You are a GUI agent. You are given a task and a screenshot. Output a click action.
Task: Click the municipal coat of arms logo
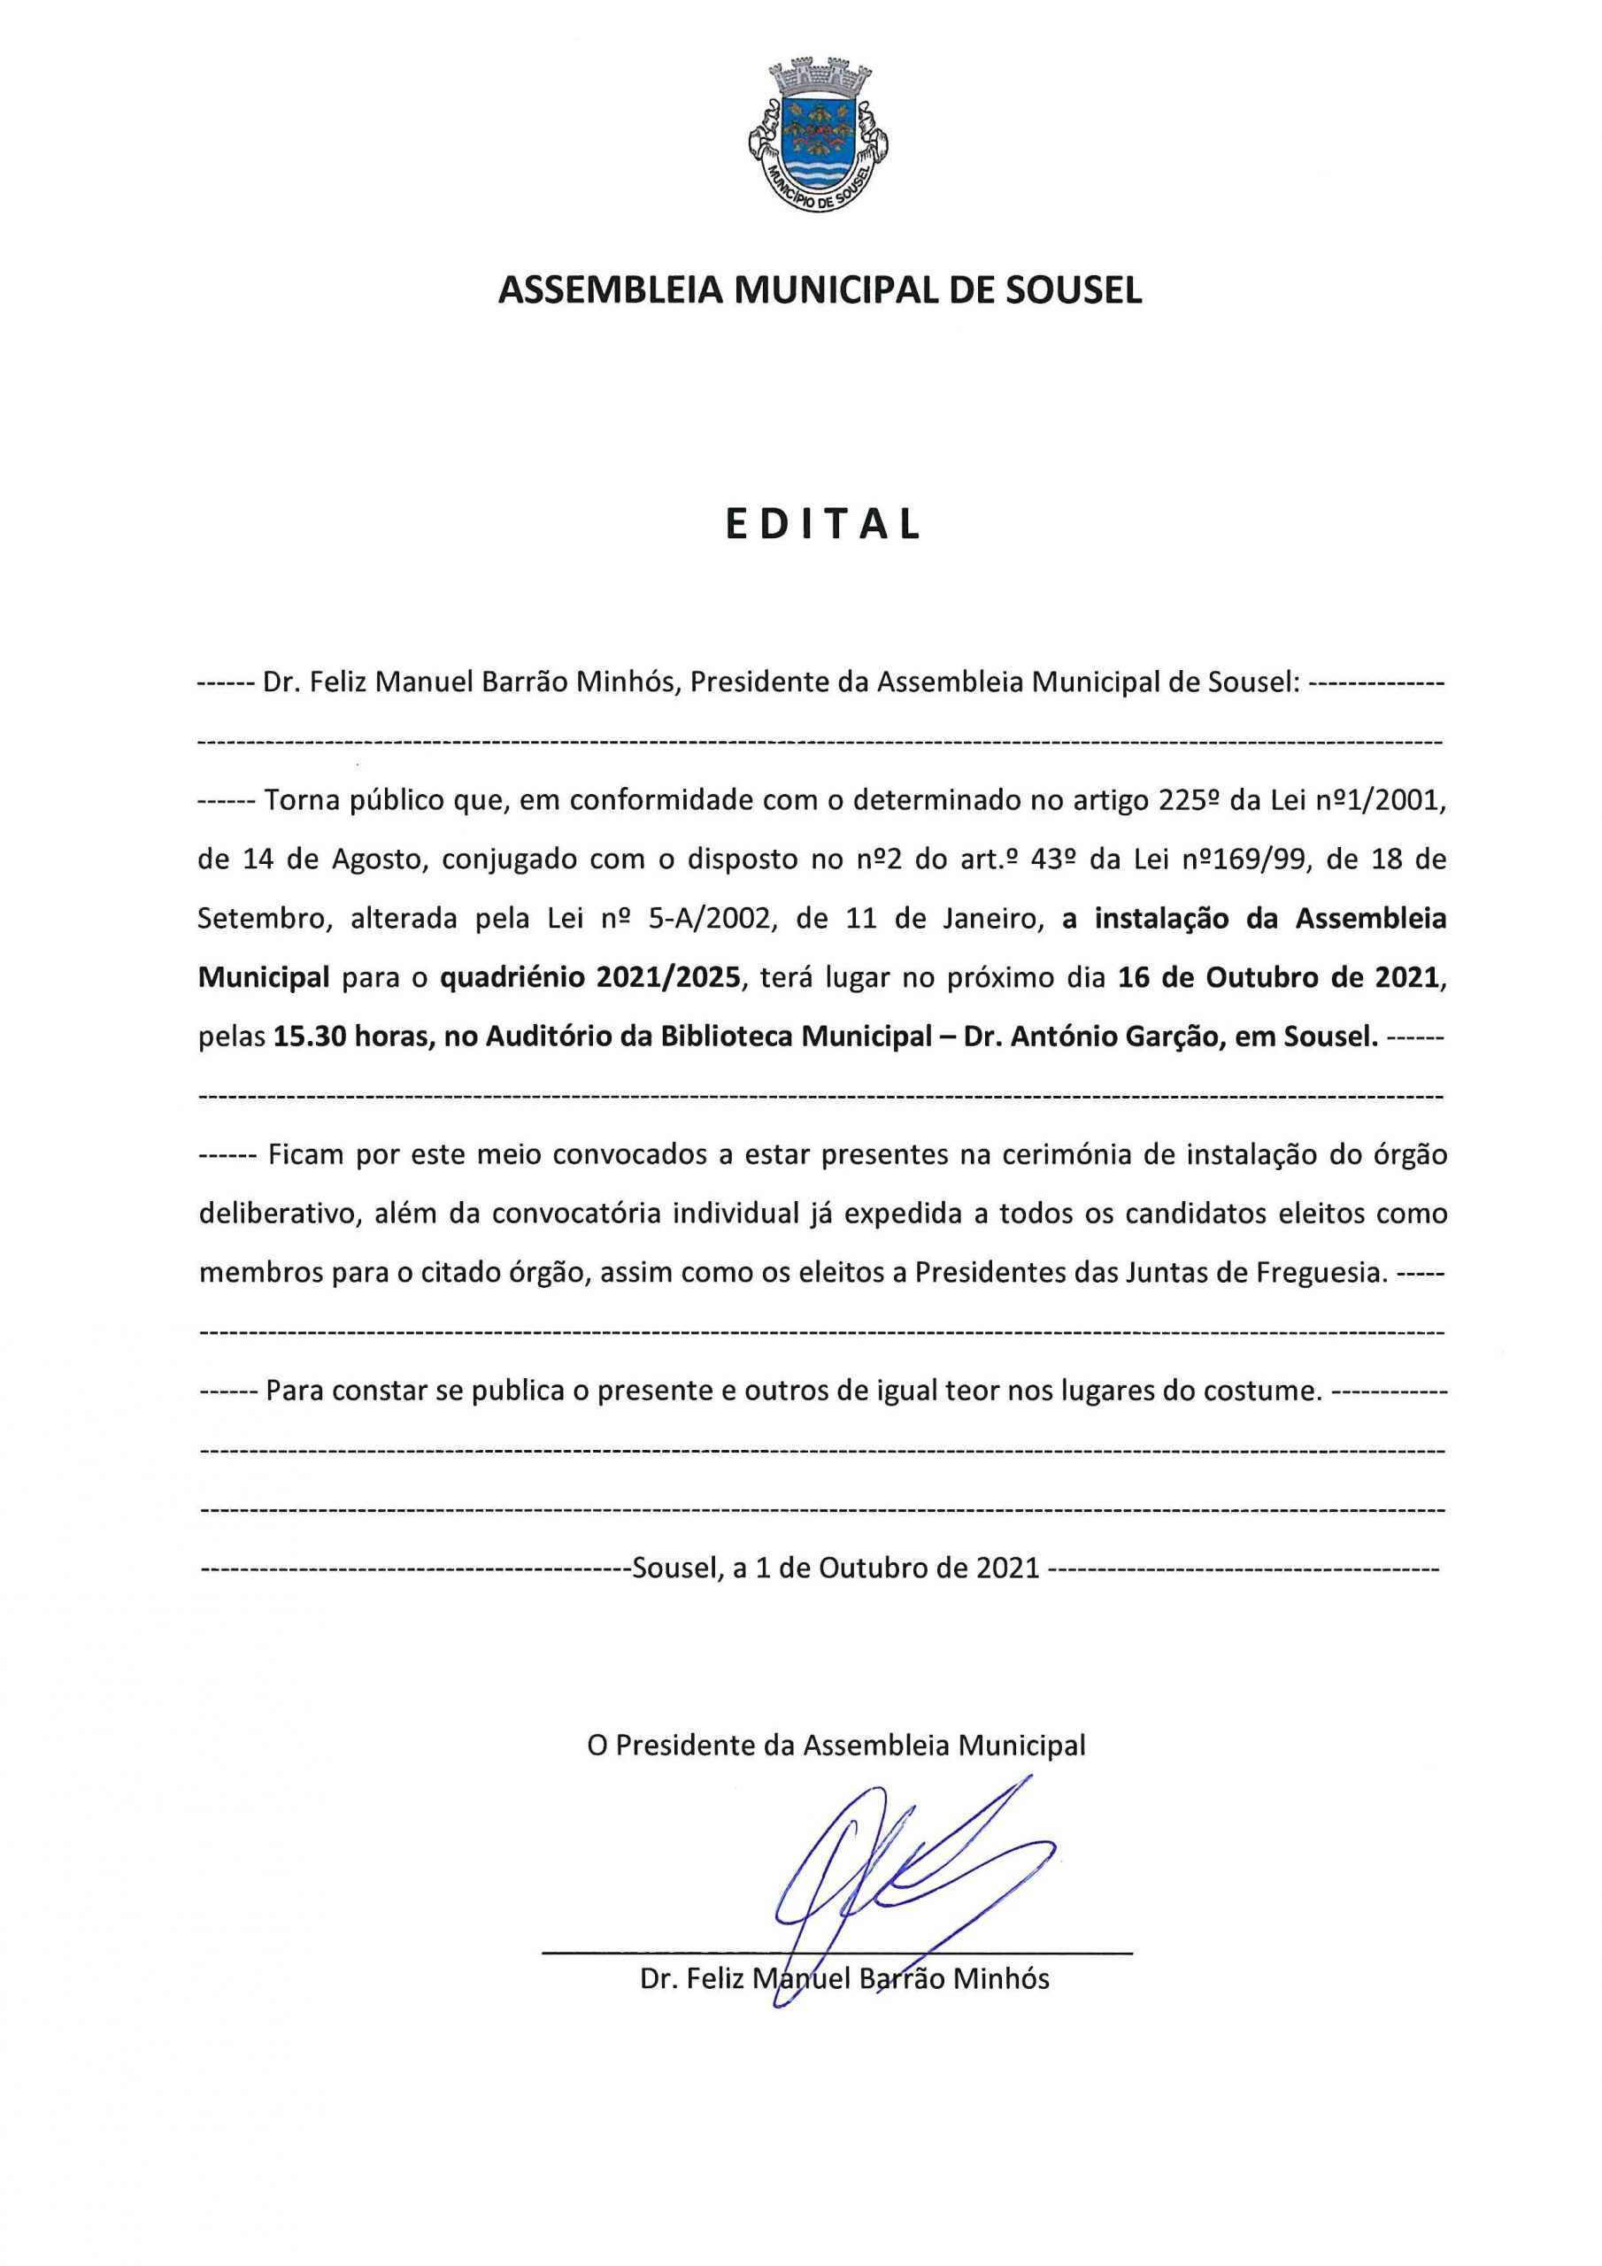point(820,135)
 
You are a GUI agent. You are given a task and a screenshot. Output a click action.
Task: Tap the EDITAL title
point(822,525)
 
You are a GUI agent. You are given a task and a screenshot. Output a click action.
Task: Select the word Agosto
point(369,859)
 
